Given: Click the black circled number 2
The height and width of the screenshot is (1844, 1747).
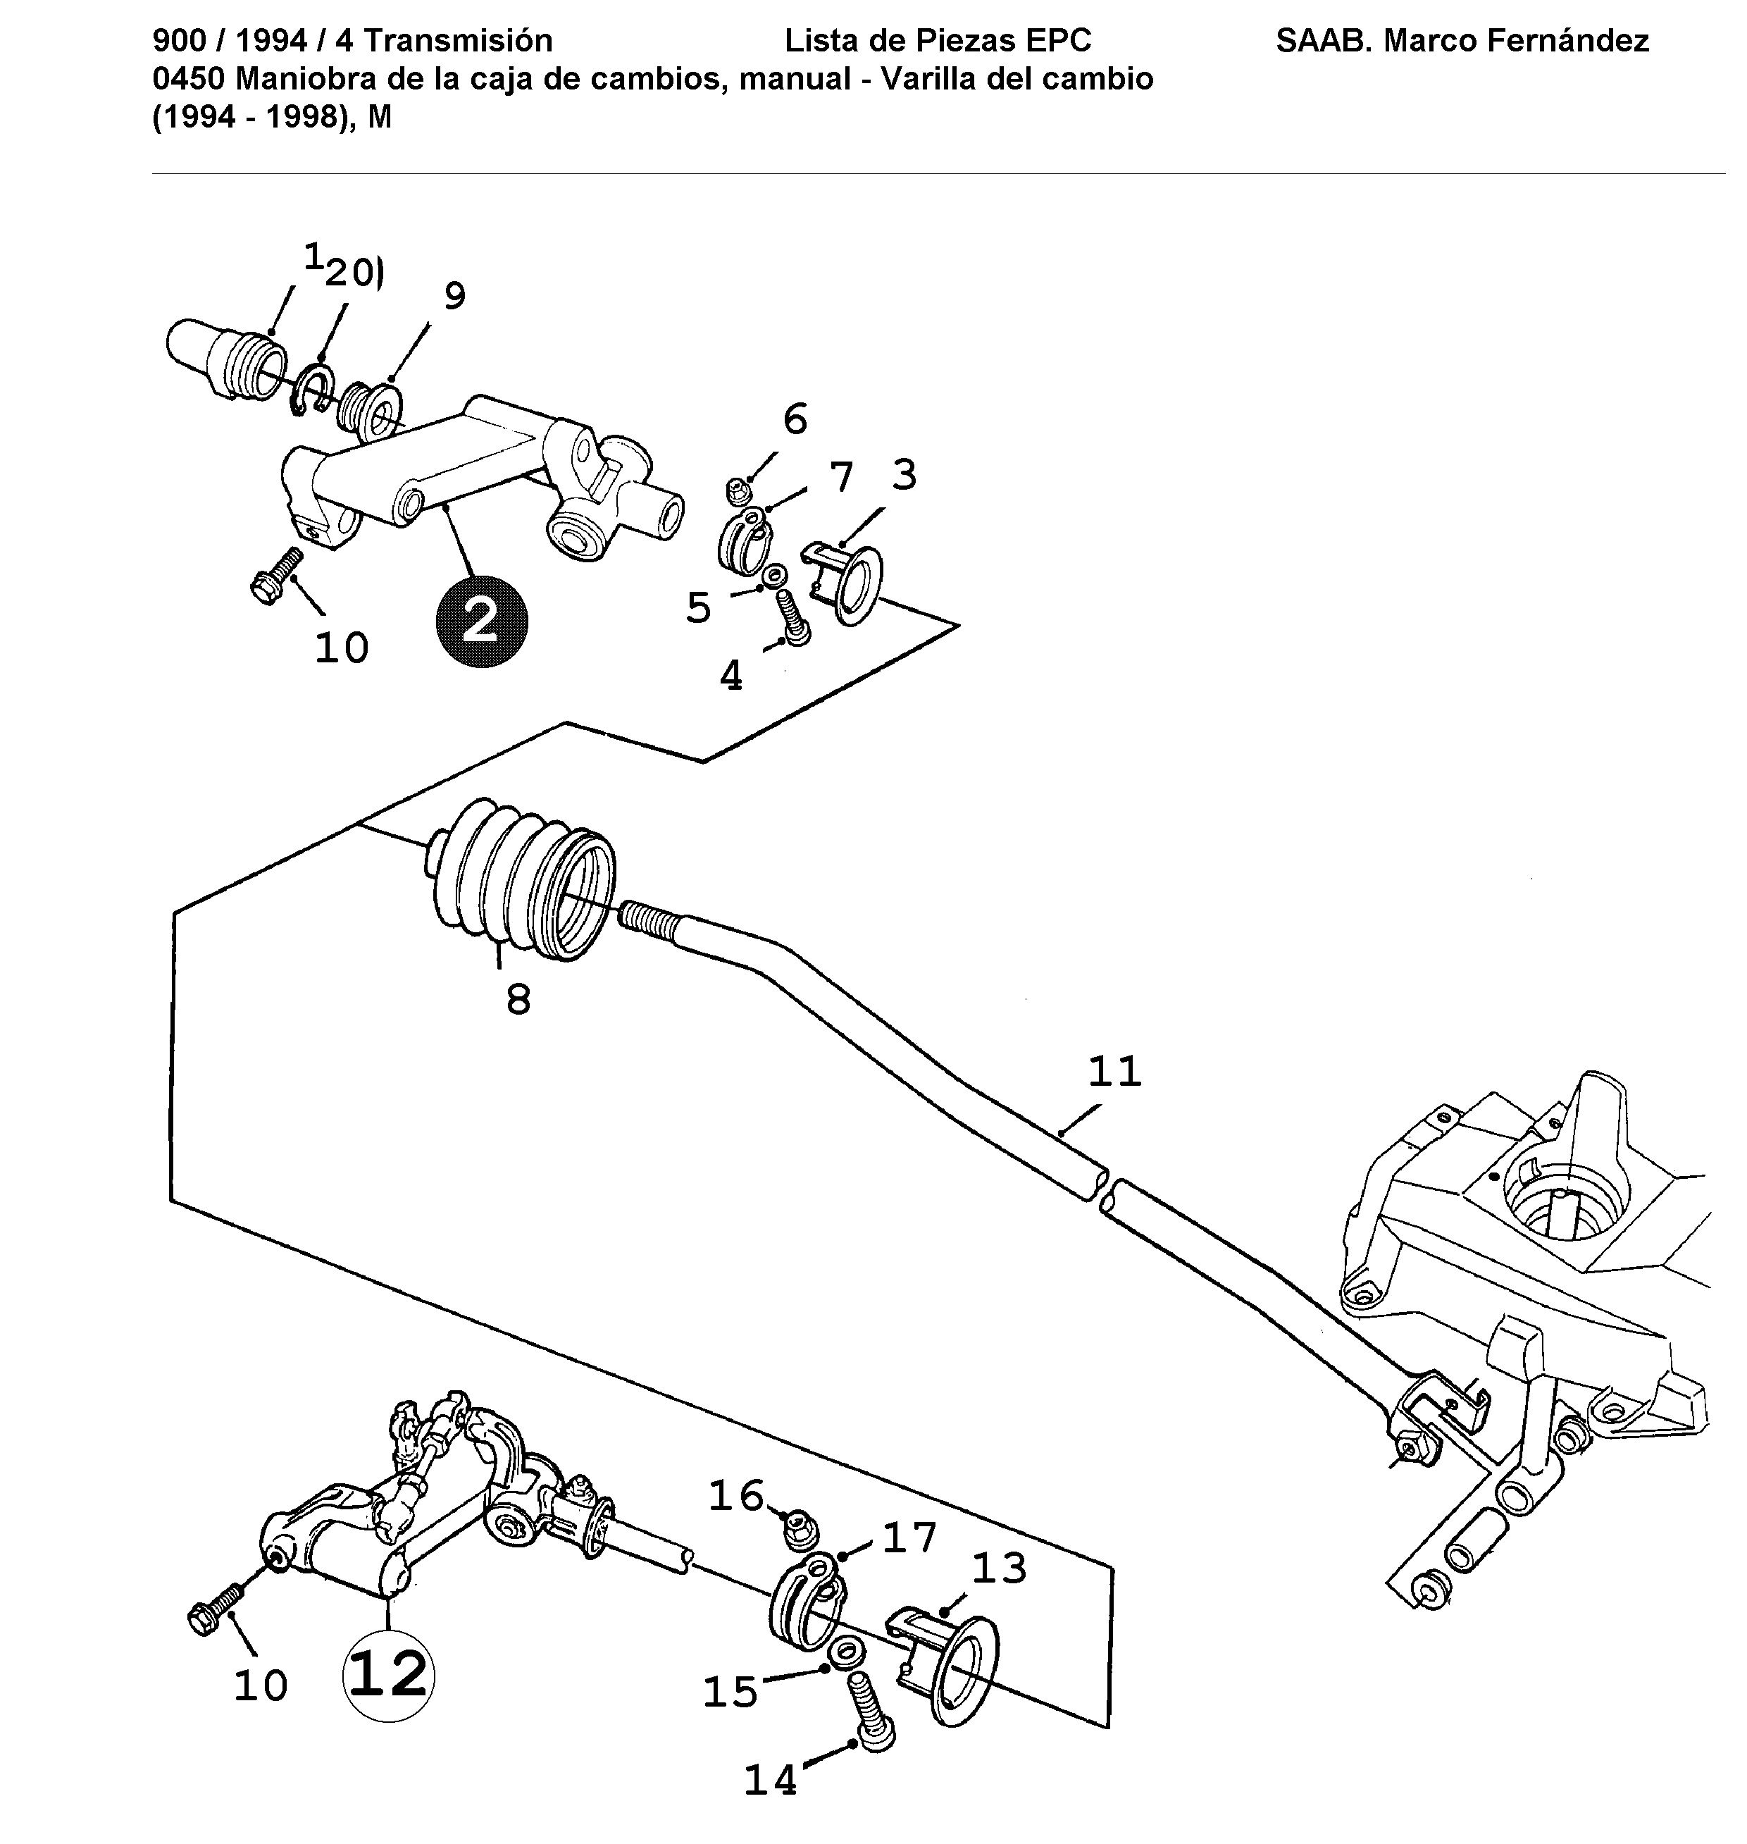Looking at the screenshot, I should [x=480, y=621].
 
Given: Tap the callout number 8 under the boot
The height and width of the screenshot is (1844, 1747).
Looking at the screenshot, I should [x=518, y=1001].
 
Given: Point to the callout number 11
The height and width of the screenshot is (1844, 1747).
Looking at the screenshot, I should [x=1114, y=1071].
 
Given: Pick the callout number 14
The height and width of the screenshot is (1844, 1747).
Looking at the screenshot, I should [x=771, y=1781].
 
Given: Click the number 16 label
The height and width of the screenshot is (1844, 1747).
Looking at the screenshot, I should [x=735, y=1496].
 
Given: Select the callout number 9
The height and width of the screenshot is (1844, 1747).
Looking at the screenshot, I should [x=454, y=296].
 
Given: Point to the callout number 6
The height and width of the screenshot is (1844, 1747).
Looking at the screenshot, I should [x=795, y=419].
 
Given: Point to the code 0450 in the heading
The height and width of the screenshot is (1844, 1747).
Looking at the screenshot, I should [x=188, y=79].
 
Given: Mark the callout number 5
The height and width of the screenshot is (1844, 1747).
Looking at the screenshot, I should [x=698, y=608].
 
